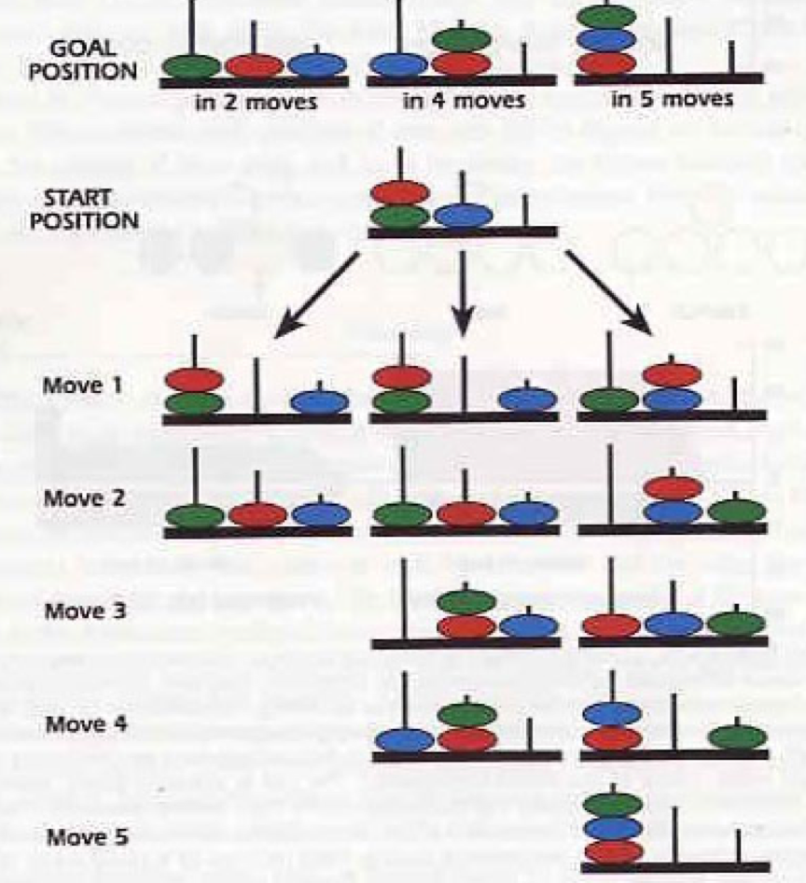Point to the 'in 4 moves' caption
point(464,100)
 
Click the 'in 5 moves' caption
point(672,98)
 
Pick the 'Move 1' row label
point(77,385)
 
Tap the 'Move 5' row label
point(77,837)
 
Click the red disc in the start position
point(399,193)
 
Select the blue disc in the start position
point(463,216)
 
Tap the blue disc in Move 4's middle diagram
point(404,739)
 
